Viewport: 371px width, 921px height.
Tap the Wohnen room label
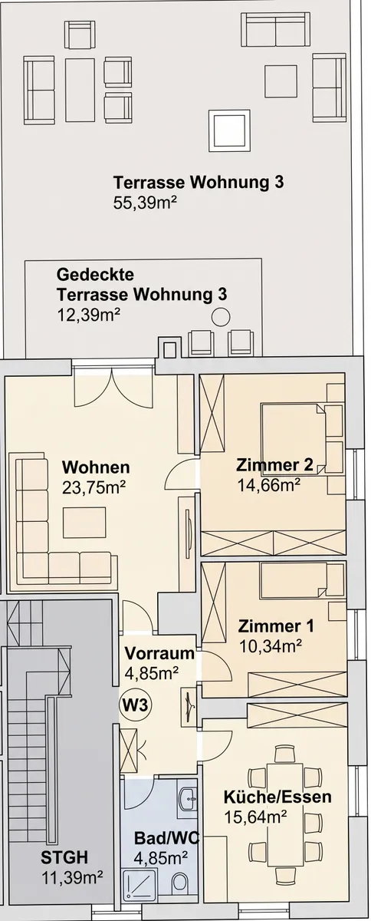pos(96,467)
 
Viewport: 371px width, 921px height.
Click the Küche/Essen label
pos(277,797)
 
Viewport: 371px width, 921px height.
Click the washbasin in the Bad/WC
pos(188,799)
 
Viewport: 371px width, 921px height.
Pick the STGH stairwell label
pos(64,858)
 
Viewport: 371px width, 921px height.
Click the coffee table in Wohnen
pos(84,522)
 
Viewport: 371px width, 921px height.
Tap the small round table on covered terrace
pos(221,318)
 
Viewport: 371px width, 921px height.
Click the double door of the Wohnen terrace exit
pos(113,388)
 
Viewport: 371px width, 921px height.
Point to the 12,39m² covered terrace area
pos(89,315)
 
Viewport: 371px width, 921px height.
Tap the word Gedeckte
pos(95,274)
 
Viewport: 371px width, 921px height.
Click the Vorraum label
pos(159,653)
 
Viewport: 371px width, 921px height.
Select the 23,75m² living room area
pos(94,487)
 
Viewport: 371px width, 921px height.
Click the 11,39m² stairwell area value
pos(72,878)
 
